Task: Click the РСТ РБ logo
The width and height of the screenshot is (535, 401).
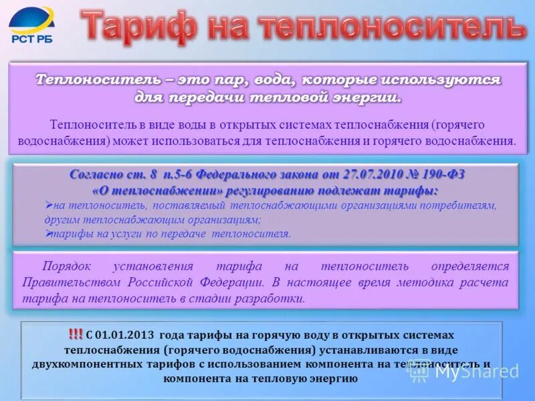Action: (x=31, y=25)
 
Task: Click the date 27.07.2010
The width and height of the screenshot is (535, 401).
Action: (x=372, y=174)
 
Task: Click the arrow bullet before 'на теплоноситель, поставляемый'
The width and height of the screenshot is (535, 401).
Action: (x=49, y=204)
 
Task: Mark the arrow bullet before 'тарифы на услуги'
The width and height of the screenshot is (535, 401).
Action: (x=49, y=233)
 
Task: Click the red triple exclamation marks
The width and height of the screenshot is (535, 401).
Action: (x=75, y=333)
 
